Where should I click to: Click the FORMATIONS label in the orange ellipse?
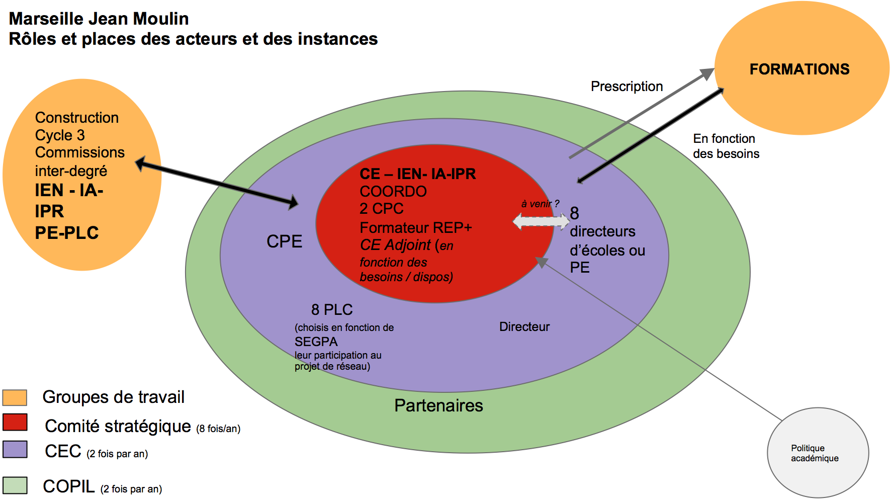pyautogui.click(x=799, y=69)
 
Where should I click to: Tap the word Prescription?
pyautogui.click(x=627, y=87)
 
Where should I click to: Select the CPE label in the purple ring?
pyautogui.click(x=284, y=241)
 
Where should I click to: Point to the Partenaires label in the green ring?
pyautogui.click(x=438, y=405)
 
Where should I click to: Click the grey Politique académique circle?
pyautogui.click(x=817, y=453)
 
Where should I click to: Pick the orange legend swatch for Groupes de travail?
pyautogui.click(x=15, y=397)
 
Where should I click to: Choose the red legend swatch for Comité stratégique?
pyautogui.click(x=15, y=423)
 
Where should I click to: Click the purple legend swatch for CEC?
pyautogui.click(x=15, y=449)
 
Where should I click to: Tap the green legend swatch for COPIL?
pyautogui.click(x=15, y=485)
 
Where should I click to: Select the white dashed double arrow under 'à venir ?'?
pyautogui.click(x=541, y=221)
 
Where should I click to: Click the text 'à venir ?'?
pyautogui.click(x=540, y=204)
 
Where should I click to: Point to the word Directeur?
pyautogui.click(x=524, y=327)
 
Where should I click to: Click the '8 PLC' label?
pyautogui.click(x=332, y=309)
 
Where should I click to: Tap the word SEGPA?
pyautogui.click(x=316, y=342)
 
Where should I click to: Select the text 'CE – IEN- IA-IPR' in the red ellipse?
pyautogui.click(x=417, y=174)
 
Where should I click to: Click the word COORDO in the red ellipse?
pyautogui.click(x=393, y=192)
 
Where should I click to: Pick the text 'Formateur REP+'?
pyautogui.click(x=416, y=228)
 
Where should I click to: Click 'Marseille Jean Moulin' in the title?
pyautogui.click(x=99, y=19)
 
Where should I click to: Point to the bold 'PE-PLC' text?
pyautogui.click(x=67, y=233)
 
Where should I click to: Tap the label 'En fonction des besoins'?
pyautogui.click(x=726, y=146)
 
